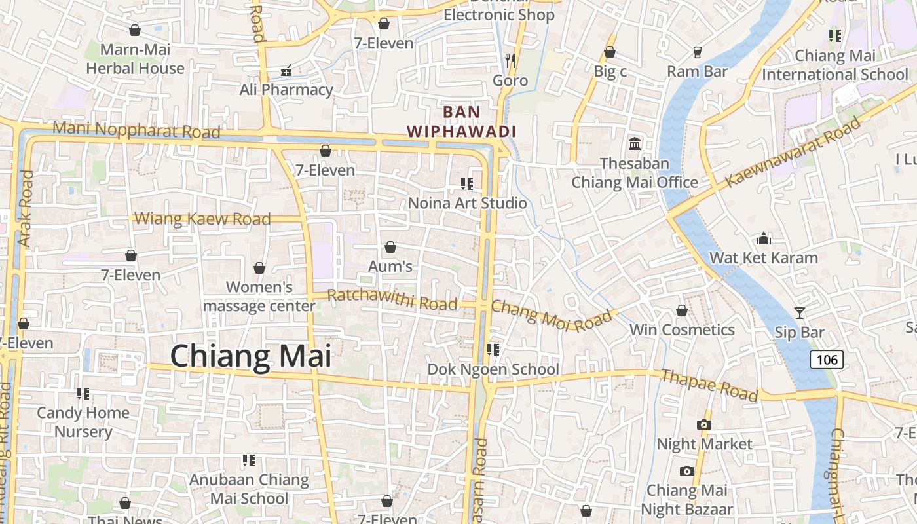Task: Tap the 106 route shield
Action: (827, 359)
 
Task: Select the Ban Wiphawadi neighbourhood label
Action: (461, 121)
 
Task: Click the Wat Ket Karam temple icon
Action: (764, 238)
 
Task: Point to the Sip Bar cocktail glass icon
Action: (799, 313)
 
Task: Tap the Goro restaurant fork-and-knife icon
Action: (510, 62)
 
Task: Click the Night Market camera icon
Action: (704, 424)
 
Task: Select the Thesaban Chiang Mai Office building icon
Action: (634, 143)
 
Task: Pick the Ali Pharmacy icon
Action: (286, 70)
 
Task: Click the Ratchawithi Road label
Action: (392, 299)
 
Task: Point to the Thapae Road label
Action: (709, 385)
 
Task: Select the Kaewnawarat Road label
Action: (793, 153)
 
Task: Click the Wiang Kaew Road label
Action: (202, 219)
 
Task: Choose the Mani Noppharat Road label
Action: (136, 129)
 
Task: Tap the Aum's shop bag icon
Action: (390, 247)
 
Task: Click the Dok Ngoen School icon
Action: (493, 350)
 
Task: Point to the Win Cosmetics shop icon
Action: (682, 310)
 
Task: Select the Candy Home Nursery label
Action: (83, 422)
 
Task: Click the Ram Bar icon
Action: (698, 52)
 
